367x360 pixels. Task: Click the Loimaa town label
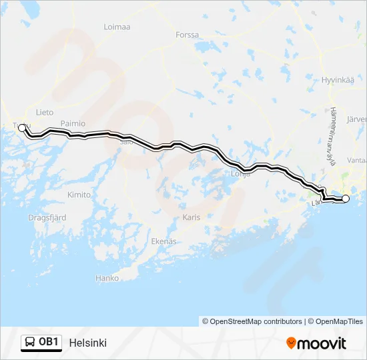117,27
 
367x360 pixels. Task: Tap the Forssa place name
187,35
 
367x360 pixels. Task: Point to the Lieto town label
45,113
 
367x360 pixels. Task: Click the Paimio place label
73,123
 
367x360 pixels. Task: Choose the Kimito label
79,195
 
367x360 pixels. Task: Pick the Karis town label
191,217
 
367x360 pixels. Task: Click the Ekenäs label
163,241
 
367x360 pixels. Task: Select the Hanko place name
107,278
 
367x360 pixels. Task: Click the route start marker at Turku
22,127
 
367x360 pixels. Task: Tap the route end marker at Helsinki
345,199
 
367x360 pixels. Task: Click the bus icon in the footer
30,343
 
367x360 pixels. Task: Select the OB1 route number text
49,343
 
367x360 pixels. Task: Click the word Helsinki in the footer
87,343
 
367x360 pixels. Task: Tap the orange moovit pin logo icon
291,343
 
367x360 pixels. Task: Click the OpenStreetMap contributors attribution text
256,321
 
